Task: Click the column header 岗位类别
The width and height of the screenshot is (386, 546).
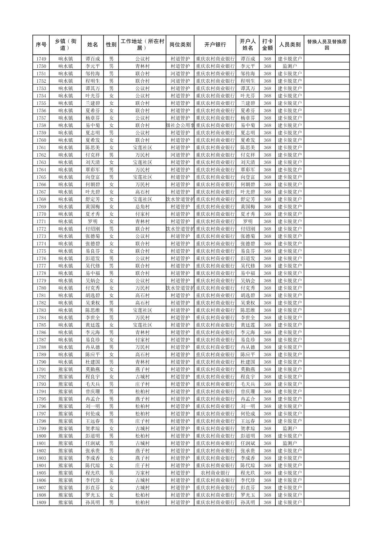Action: pos(180,45)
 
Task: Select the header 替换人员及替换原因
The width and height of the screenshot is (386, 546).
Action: pos(326,45)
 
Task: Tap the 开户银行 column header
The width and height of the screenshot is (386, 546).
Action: pos(215,45)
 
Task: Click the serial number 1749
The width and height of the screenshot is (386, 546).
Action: pos(41,59)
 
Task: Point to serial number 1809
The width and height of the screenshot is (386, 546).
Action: pos(41,503)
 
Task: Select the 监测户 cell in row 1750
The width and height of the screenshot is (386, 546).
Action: pos(290,66)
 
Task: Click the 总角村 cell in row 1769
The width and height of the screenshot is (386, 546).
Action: pos(142,207)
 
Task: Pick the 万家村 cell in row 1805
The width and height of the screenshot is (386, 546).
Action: pos(142,473)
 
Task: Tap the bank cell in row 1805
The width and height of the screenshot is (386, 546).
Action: pos(215,473)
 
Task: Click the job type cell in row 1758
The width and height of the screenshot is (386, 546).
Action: pos(180,125)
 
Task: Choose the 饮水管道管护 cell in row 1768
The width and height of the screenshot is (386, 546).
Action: pos(180,199)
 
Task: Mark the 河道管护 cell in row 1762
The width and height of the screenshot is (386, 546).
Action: pos(180,155)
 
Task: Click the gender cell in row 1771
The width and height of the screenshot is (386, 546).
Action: pos(111,221)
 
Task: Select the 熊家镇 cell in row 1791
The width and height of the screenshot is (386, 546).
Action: pos(66,369)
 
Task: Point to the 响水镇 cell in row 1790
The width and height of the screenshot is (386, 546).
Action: pos(66,362)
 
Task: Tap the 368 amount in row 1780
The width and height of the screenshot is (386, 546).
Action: pos(267,288)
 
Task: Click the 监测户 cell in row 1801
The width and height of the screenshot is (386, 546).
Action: pos(290,443)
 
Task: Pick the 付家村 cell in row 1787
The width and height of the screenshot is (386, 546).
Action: pos(142,340)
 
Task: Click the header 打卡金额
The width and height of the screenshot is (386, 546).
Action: pos(267,45)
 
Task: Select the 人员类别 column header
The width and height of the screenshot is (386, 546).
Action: pos(290,45)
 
